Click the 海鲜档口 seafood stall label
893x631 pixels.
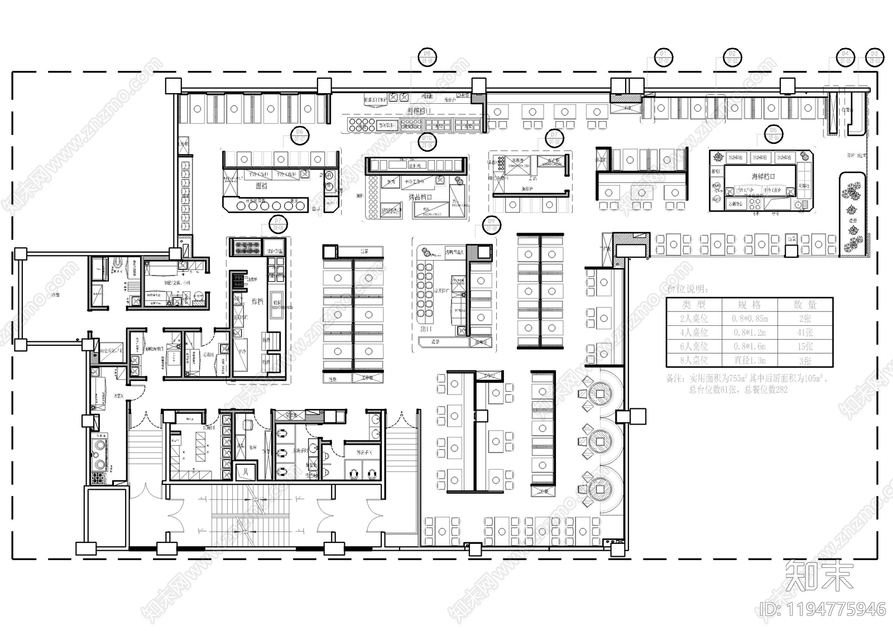tap(764, 177)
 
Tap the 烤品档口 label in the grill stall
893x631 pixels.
tap(421, 197)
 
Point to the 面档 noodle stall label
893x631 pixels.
tap(262, 186)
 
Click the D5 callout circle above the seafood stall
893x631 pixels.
tap(773, 134)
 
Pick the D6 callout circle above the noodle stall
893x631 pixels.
tap(300, 135)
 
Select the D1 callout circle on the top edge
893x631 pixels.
tap(663, 57)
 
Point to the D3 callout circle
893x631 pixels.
tap(874, 57)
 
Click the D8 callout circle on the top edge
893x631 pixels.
tap(428, 57)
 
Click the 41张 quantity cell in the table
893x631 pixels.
tap(804, 333)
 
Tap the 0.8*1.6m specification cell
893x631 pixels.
tap(749, 346)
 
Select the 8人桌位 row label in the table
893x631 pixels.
tap(694, 360)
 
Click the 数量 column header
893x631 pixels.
tap(804, 305)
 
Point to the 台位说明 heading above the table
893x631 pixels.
tap(687, 290)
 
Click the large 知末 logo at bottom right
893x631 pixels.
tap(819, 576)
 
